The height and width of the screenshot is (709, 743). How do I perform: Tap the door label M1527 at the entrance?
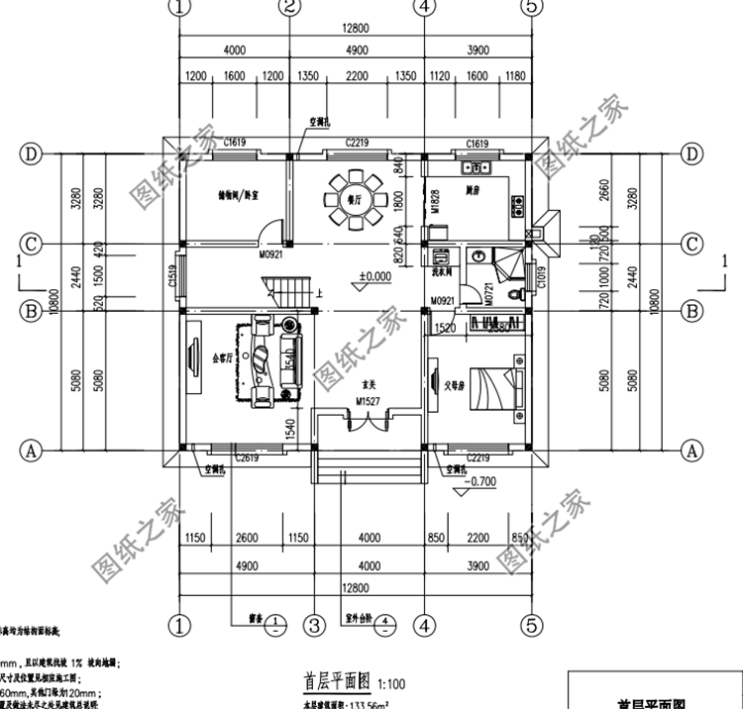369,402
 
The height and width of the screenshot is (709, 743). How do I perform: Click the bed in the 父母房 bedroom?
491,385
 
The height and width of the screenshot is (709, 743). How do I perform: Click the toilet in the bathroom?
514,294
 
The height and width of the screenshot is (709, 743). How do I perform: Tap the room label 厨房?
473,187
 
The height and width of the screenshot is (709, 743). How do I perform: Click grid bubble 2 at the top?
288,8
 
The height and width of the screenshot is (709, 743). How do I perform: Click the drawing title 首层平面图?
336,682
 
